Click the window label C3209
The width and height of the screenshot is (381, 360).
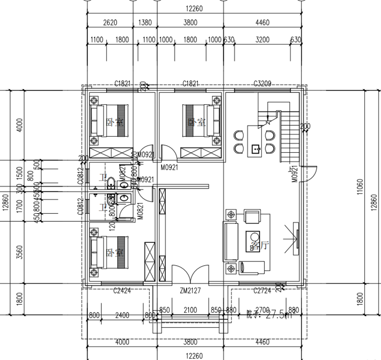coord(262,84)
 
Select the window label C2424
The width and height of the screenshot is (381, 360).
coord(121,290)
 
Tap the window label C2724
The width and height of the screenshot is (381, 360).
coord(262,290)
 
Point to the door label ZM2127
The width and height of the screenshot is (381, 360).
coord(190,290)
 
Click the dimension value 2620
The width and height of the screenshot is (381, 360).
coord(110,22)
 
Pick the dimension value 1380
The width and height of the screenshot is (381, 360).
coord(145,22)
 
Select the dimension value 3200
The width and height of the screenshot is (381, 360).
coord(262,40)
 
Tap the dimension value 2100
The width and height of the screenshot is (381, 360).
coord(190,310)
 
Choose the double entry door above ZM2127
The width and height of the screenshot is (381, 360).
coord(190,275)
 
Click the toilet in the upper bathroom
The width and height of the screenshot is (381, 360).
coord(110,181)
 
